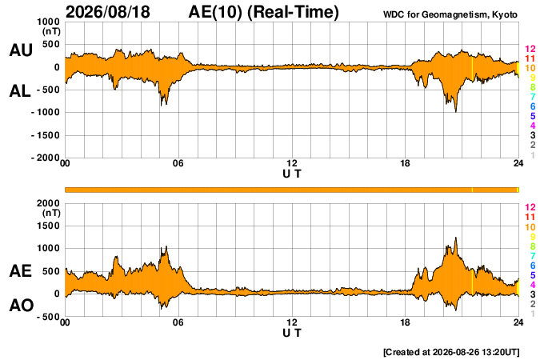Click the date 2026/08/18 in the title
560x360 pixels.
coord(108,12)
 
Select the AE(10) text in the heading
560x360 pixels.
coord(215,12)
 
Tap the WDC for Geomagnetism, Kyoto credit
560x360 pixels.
coord(450,14)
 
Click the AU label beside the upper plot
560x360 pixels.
coord(21,50)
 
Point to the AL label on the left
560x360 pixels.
coord(20,91)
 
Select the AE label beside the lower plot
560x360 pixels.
coord(20,271)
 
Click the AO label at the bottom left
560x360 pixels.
coord(22,306)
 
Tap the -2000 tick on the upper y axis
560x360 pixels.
coord(46,158)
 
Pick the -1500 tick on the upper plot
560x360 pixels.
coord(46,135)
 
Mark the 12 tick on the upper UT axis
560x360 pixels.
coord(292,163)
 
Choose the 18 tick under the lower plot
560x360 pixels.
coord(405,322)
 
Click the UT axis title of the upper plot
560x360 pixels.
coord(292,174)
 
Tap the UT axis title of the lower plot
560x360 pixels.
coord(292,333)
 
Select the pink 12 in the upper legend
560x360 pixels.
coord(530,49)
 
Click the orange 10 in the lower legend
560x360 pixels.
coord(530,226)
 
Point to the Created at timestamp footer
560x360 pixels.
coord(451,352)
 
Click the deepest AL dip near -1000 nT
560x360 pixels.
coord(456,111)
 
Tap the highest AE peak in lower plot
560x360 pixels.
coord(456,238)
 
